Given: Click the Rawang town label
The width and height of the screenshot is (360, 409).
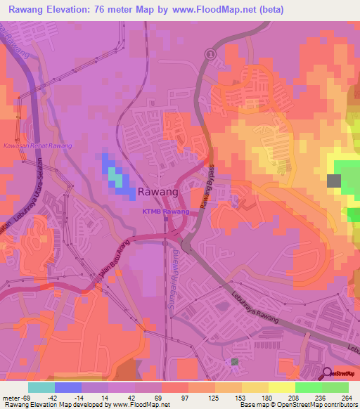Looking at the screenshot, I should [x=157, y=191].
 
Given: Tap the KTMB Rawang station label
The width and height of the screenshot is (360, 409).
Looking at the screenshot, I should [x=167, y=212].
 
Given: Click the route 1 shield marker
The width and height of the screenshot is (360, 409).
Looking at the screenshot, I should [x=209, y=54].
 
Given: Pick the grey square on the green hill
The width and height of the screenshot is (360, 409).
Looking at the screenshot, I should [x=333, y=181].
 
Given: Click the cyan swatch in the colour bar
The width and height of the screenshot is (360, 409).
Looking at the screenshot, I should [x=41, y=387].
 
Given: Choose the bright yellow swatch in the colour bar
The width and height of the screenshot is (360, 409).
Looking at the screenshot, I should [x=281, y=387].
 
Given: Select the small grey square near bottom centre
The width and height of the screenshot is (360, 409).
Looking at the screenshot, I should [x=235, y=361].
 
